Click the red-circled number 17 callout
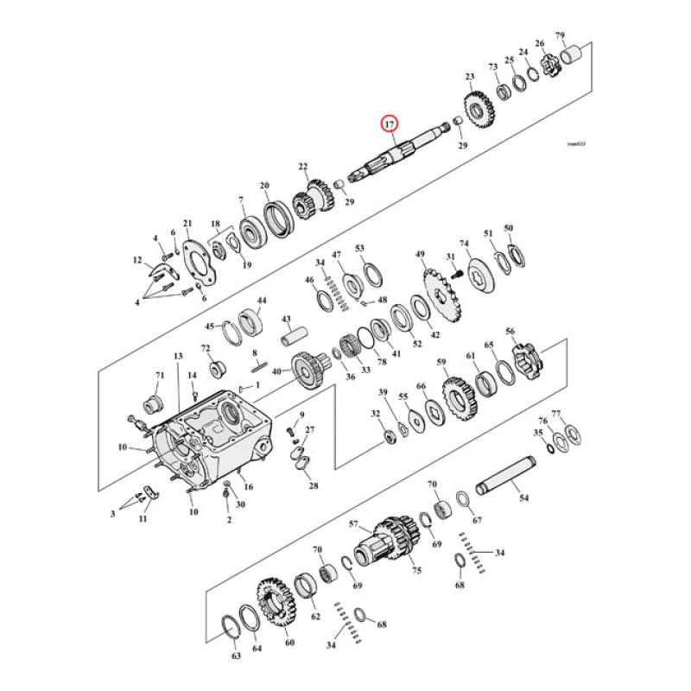coord(390,124)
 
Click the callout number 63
coord(236,657)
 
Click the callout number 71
coord(159,375)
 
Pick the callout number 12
coord(136,260)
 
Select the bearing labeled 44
coord(250,320)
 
